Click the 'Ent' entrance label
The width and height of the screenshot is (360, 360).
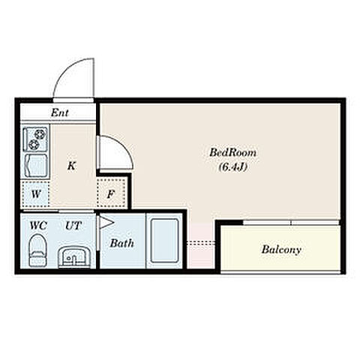point(60,112)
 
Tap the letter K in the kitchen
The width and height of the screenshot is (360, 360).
point(72,166)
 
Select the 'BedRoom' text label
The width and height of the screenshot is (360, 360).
point(232,152)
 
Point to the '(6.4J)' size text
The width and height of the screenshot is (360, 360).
point(233,167)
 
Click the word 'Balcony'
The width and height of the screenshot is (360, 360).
point(281,250)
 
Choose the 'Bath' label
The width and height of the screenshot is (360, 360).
point(122,243)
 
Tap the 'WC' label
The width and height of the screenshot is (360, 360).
point(38,226)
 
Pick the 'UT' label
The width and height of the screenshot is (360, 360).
point(73,226)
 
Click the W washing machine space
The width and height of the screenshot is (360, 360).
point(35,194)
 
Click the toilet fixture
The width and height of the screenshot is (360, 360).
point(38,250)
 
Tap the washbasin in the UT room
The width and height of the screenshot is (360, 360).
point(74,257)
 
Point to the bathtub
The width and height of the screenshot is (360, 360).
point(164,241)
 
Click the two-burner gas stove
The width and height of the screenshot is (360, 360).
point(36,139)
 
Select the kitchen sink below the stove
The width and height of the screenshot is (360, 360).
point(36,166)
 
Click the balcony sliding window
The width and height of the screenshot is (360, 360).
point(291,223)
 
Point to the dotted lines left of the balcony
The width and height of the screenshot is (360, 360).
point(201,242)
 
